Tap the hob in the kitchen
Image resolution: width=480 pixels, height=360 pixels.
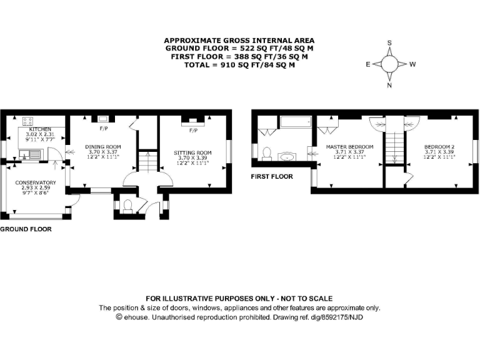point(28,121)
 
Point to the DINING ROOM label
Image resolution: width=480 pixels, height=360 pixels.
point(103,146)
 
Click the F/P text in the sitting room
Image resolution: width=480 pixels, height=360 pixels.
point(193,131)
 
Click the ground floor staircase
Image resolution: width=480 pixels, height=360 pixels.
point(145,162)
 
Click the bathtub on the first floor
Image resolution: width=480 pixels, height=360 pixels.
point(296,121)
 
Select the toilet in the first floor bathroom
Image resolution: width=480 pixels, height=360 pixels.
point(266,152)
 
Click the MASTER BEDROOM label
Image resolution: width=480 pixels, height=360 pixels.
point(349,146)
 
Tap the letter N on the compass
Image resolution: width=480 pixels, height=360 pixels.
point(389,86)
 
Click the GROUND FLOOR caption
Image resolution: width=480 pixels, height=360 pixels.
point(26,229)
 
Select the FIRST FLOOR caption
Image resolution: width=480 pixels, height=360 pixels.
point(272,177)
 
